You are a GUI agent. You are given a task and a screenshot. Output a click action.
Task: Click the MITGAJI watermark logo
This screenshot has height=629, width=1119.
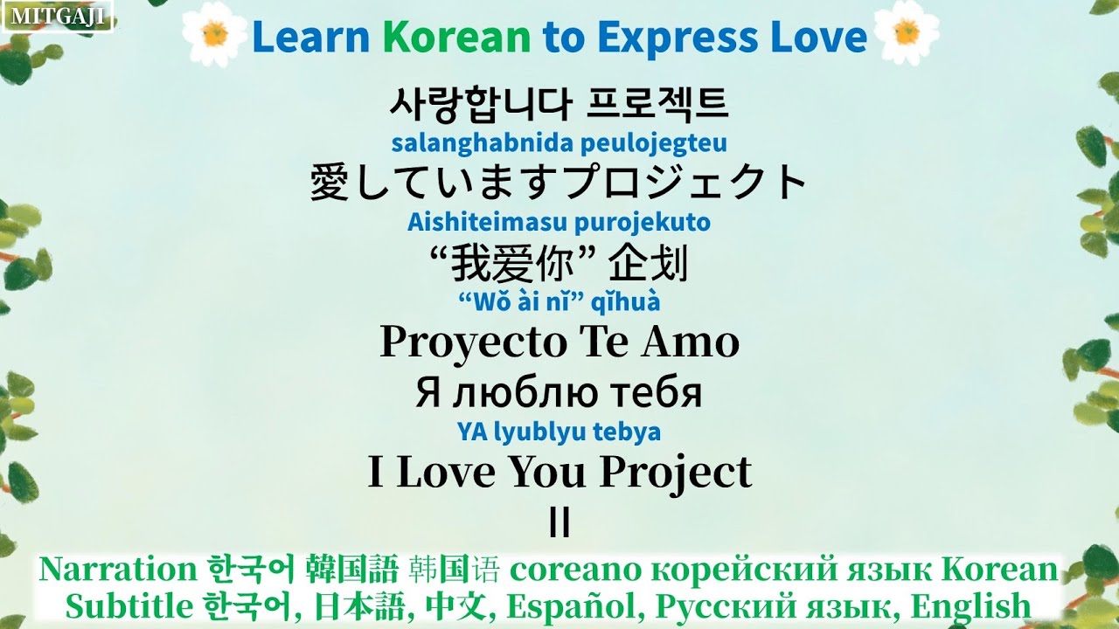57,15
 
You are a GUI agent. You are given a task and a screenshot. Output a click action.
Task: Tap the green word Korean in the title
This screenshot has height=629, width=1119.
456,37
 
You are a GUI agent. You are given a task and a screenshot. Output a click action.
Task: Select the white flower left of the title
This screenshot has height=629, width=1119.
213,34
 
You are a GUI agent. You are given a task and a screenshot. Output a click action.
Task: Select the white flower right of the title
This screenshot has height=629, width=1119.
906,34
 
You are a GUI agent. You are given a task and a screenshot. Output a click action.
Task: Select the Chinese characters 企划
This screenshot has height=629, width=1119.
649,262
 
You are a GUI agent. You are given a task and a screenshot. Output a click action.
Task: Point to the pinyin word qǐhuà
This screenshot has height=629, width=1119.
627,302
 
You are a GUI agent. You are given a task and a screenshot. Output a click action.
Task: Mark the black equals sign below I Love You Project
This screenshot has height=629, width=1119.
559,522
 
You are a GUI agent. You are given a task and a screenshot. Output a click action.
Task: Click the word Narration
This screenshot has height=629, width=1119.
118,570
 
